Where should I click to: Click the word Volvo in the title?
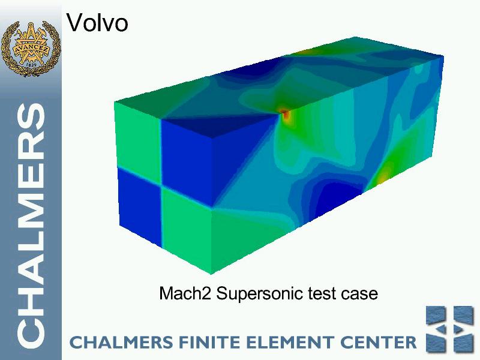point(97,22)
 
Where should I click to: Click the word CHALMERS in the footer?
point(121,342)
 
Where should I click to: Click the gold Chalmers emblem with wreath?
point(31,48)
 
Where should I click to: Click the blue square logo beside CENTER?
point(450,329)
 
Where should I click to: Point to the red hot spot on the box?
point(286,115)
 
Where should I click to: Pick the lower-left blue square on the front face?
point(140,206)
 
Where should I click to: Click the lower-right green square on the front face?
point(187,229)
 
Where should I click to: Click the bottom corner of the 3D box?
point(211,274)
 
